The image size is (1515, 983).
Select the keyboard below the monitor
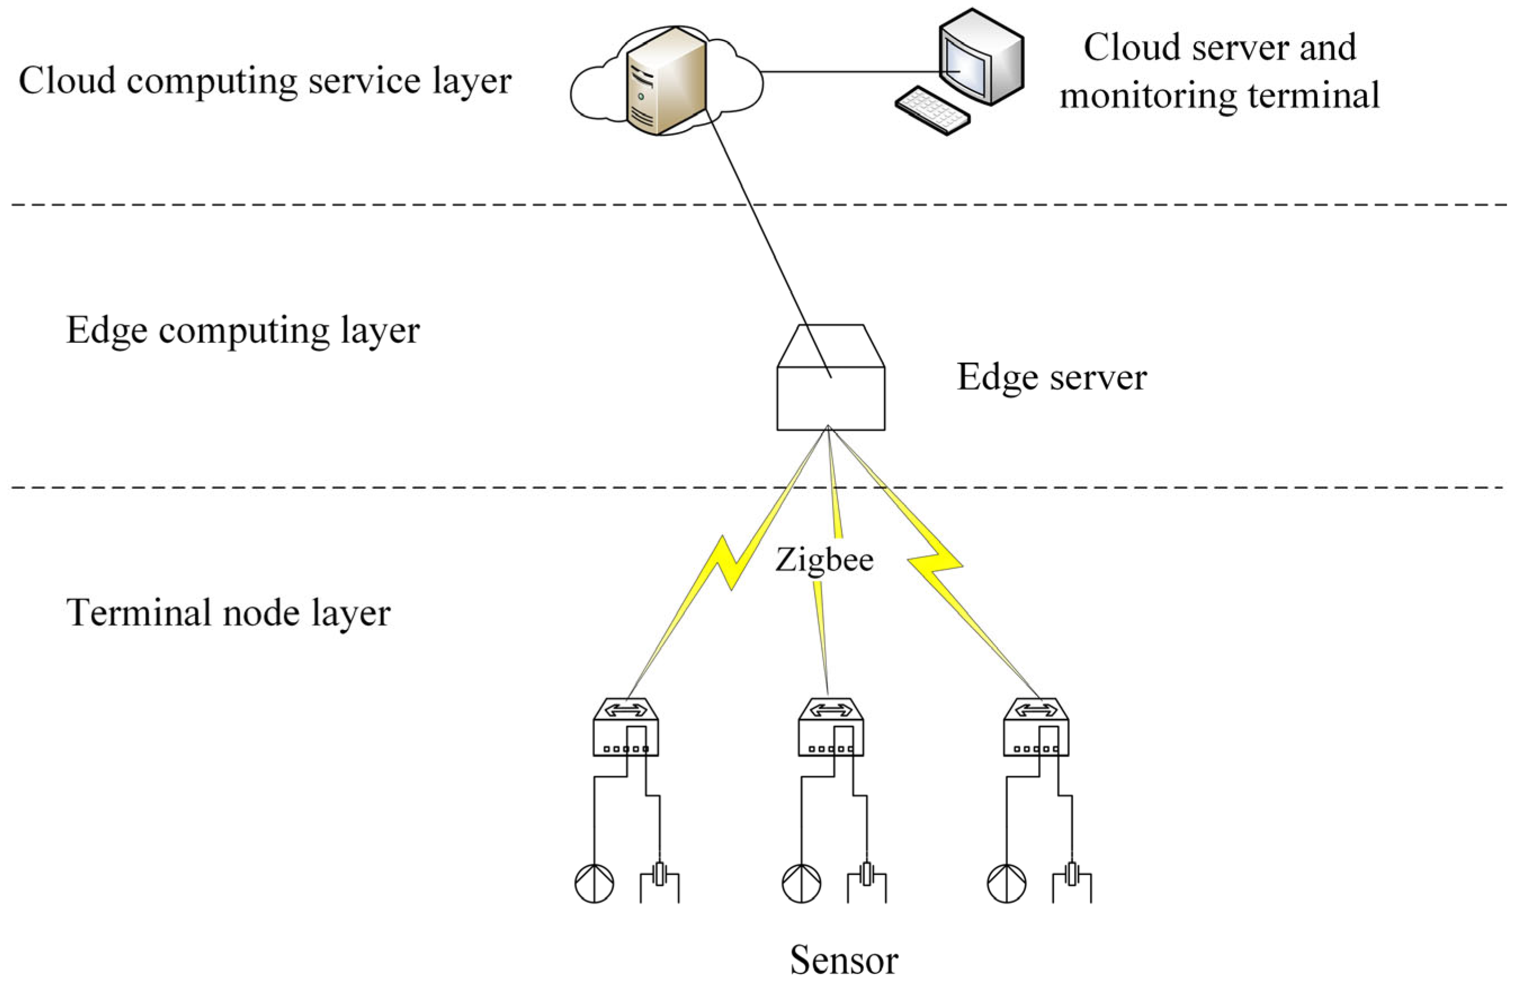tap(933, 111)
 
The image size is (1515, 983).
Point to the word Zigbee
tap(824, 560)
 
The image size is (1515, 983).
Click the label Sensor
tap(844, 959)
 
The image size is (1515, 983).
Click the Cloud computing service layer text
tap(265, 81)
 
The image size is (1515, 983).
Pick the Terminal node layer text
tap(228, 613)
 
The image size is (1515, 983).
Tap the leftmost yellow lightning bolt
tap(725, 564)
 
